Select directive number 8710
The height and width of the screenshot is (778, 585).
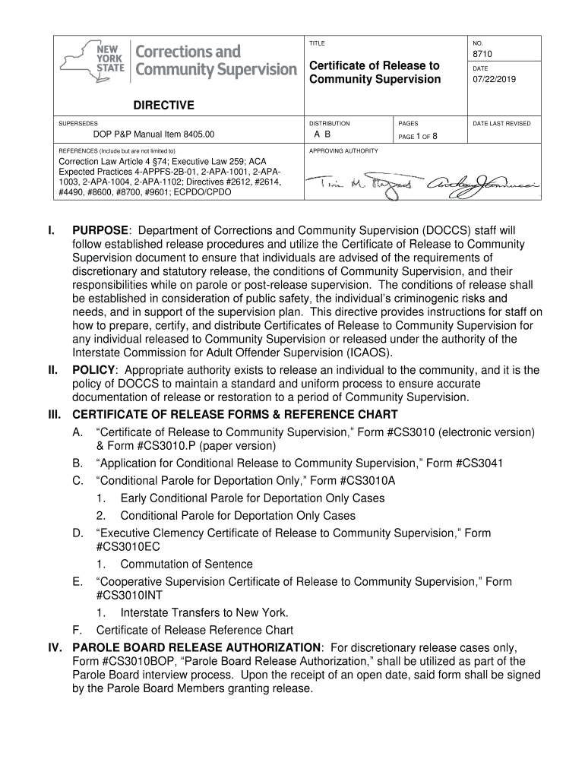coord(483,55)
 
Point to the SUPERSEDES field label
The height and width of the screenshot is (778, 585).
coord(78,123)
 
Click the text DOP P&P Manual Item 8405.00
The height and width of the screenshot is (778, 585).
coord(144,135)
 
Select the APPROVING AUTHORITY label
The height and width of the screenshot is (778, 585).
coord(343,151)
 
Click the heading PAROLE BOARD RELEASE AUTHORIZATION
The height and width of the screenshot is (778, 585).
coord(196,647)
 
